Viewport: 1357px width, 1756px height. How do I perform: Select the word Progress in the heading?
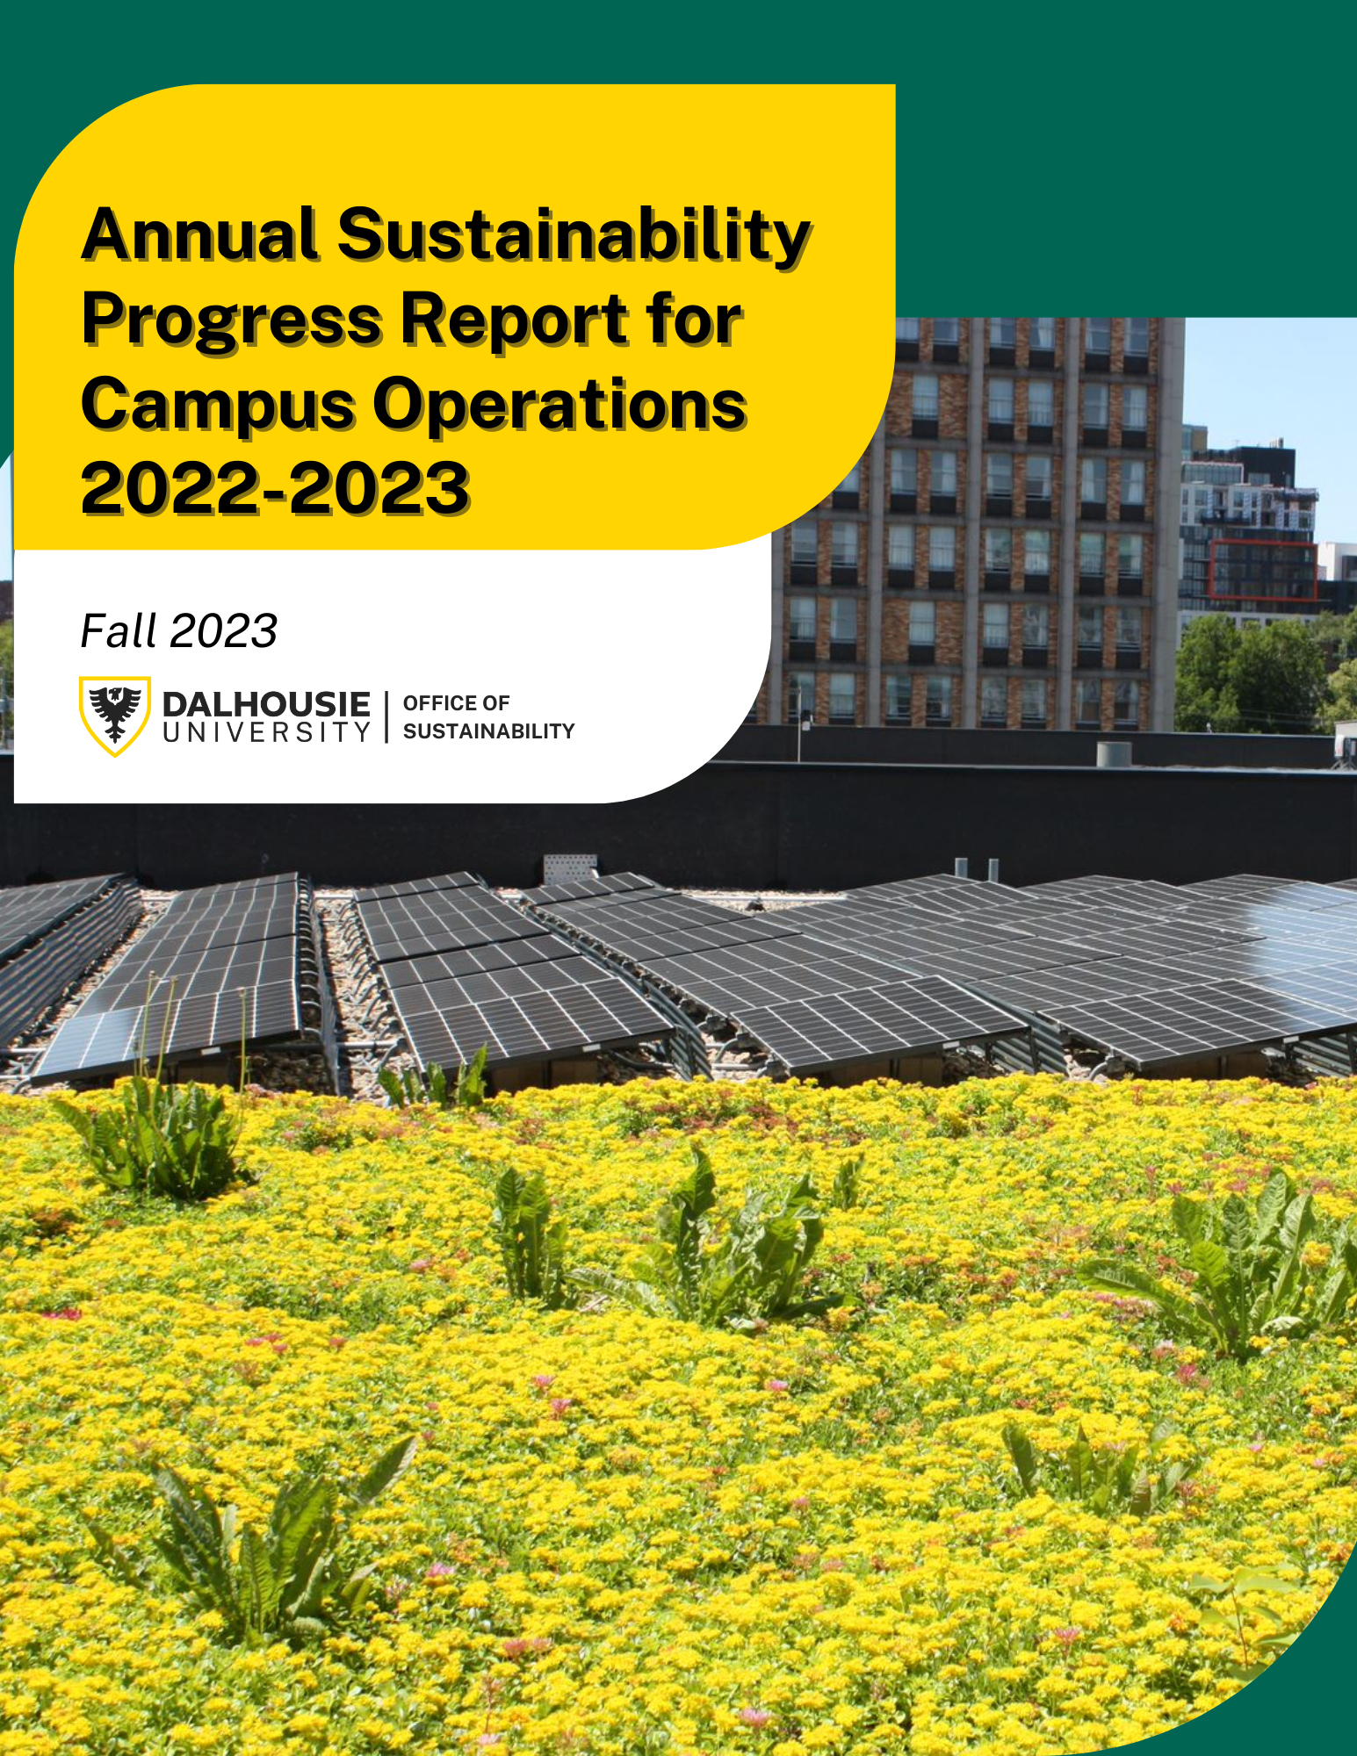pos(232,321)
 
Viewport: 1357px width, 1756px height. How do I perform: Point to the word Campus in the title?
pos(219,406)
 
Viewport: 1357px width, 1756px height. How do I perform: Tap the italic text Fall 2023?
pos(179,631)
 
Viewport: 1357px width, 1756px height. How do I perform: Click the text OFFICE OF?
pos(456,703)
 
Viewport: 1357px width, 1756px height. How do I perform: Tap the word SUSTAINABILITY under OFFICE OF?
pos(488,731)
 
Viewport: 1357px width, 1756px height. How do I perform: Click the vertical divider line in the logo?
pos(386,716)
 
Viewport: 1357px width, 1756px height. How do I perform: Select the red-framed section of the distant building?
pos(1264,571)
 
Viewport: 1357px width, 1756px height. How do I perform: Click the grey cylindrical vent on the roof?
pos(1115,754)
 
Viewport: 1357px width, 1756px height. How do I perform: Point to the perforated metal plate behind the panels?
pos(571,867)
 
